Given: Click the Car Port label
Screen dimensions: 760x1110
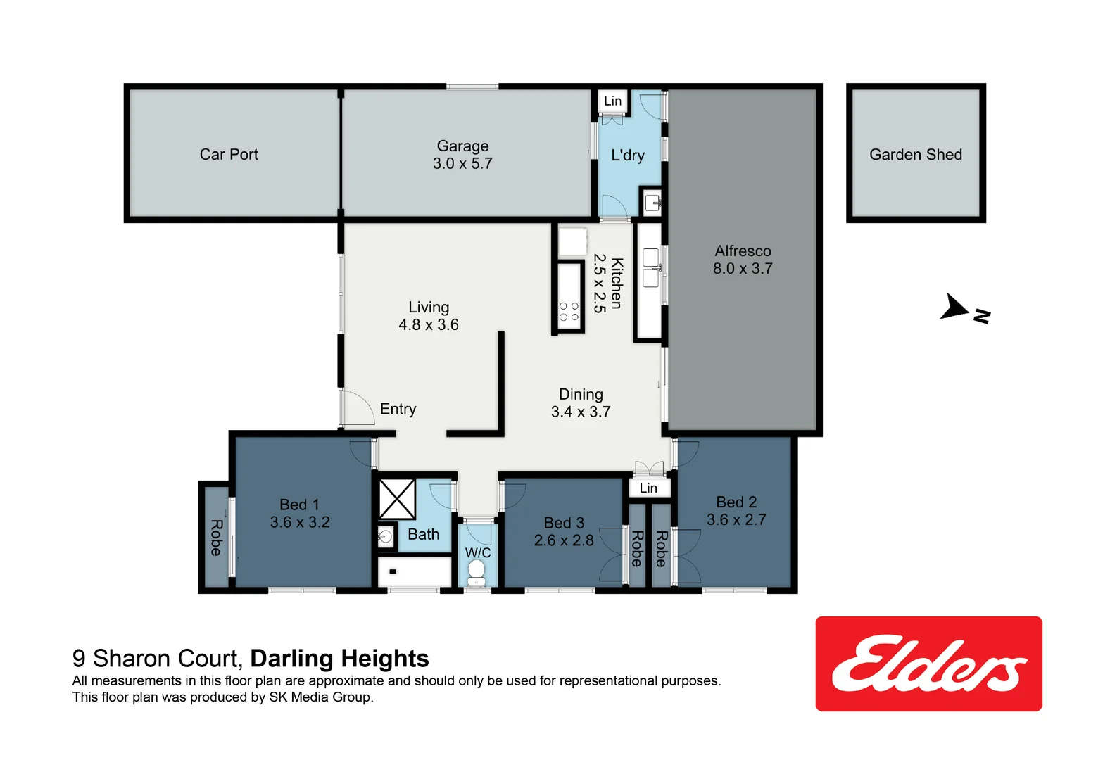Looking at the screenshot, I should [229, 155].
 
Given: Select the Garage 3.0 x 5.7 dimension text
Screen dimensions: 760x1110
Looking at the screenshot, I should [462, 164].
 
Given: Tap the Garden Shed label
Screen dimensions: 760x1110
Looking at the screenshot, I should [915, 155].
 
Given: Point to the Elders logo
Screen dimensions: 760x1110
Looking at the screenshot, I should [928, 664].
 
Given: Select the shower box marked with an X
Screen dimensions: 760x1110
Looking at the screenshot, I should [397, 499].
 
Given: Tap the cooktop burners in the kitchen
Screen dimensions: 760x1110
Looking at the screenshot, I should [569, 312].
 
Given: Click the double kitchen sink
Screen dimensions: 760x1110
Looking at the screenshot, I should [651, 267].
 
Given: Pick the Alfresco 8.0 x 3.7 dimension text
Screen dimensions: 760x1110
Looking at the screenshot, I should [743, 269].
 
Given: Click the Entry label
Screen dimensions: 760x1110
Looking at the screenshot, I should [398, 409].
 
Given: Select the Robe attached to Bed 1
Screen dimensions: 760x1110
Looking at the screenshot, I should [216, 537].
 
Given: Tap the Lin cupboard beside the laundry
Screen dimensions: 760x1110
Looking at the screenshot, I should [612, 101].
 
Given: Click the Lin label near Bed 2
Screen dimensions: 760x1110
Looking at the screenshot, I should [648, 488].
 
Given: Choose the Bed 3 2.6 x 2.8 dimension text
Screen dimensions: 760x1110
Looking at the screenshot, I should [563, 540].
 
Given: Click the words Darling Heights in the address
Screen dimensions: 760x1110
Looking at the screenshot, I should [339, 658].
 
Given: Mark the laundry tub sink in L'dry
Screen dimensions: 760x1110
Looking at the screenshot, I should [652, 203].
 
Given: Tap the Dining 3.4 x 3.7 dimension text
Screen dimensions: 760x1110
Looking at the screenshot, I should [581, 412].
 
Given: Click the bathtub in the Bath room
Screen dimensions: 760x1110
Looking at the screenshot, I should [415, 571].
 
